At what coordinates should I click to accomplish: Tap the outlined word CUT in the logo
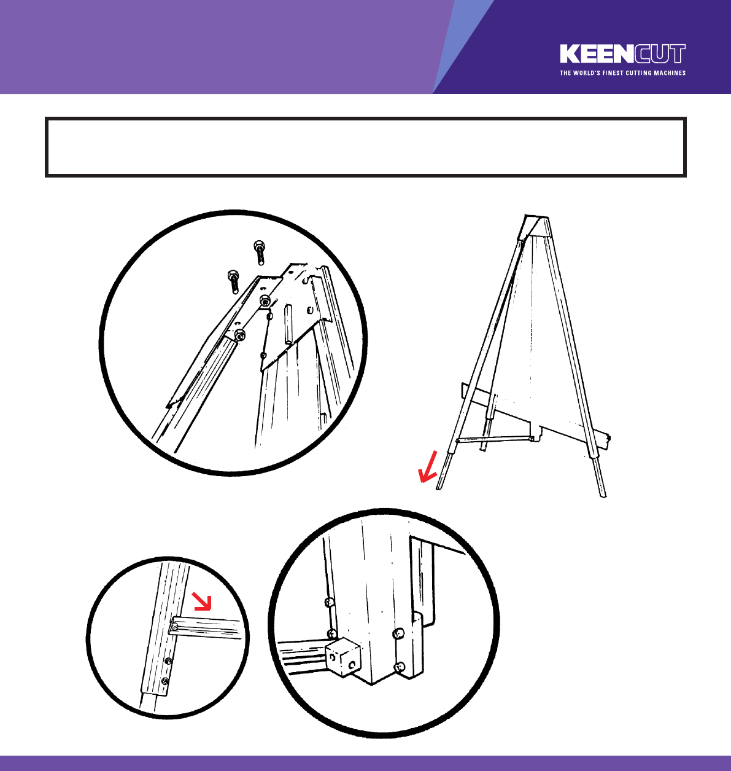660,53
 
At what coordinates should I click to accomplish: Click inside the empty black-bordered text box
365,147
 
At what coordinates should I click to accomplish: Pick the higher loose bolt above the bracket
260,252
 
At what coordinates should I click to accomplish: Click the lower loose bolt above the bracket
234,281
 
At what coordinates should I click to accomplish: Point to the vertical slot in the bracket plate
288,324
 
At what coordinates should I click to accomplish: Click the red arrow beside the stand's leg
428,467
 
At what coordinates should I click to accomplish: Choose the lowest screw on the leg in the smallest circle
165,681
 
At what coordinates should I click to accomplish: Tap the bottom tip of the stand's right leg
604,496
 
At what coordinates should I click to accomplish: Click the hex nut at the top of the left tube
240,335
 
